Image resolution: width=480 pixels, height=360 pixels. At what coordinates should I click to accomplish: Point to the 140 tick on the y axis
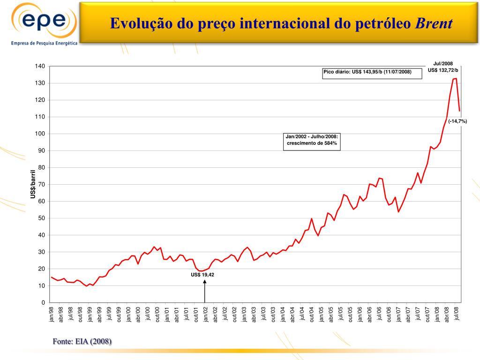pyautogui.click(x=40, y=67)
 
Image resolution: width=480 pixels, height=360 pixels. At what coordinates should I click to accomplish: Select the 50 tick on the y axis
pyautogui.click(x=41, y=218)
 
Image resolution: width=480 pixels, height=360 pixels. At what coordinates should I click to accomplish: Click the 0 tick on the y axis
pyautogui.click(x=43, y=303)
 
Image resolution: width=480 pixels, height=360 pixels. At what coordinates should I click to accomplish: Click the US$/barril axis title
pyautogui.click(x=33, y=184)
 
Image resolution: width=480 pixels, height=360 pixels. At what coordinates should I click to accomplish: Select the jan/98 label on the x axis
pyautogui.click(x=52, y=314)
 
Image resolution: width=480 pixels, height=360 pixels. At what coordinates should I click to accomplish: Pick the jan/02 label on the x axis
pyautogui.click(x=205, y=314)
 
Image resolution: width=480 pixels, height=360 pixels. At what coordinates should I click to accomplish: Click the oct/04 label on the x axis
pyautogui.click(x=311, y=314)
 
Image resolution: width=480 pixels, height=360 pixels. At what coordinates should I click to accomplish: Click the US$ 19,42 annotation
pyautogui.click(x=202, y=275)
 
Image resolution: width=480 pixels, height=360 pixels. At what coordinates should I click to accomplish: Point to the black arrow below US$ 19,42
pyautogui.click(x=205, y=291)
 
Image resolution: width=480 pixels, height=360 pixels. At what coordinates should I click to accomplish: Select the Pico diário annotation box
pyautogui.click(x=367, y=72)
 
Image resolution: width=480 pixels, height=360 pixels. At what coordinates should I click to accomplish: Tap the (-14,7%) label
pyautogui.click(x=457, y=121)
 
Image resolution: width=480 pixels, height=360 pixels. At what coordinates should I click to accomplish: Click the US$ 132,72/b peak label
pyautogui.click(x=443, y=70)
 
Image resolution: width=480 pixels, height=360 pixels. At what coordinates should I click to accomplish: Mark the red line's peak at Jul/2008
pyautogui.click(x=456, y=79)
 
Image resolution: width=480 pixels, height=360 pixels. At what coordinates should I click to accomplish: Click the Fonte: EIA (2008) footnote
pyautogui.click(x=82, y=341)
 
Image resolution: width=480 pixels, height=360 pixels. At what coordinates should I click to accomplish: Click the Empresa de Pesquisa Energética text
pyautogui.click(x=44, y=42)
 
